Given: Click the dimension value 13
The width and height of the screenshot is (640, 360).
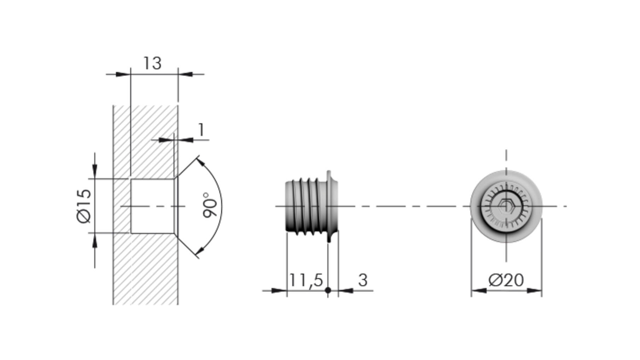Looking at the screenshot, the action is click(x=152, y=63).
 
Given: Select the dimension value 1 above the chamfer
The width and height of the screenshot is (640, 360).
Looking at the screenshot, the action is click(x=201, y=130).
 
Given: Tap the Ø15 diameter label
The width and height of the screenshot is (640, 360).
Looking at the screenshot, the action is click(x=84, y=206).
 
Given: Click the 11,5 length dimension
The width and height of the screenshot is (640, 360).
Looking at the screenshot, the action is click(x=306, y=280).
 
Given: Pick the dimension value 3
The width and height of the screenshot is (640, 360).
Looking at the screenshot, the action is click(x=363, y=280).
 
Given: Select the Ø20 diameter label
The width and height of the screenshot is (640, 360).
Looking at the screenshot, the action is click(x=506, y=280).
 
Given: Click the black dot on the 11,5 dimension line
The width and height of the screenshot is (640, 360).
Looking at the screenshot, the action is click(x=328, y=290).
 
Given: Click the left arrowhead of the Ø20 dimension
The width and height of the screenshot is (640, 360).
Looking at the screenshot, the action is click(x=479, y=290).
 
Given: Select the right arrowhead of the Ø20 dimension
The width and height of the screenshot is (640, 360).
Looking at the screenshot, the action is click(x=534, y=290).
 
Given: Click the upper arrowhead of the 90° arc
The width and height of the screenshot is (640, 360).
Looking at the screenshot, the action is click(x=200, y=162).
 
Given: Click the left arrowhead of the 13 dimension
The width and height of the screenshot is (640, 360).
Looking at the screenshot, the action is click(x=123, y=74).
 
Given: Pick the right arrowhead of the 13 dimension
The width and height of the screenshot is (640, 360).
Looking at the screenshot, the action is click(x=185, y=74).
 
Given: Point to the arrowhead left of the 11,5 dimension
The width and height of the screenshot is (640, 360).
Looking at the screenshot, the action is click(x=279, y=290).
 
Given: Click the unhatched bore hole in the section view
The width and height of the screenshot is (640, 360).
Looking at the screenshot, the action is click(x=152, y=206).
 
